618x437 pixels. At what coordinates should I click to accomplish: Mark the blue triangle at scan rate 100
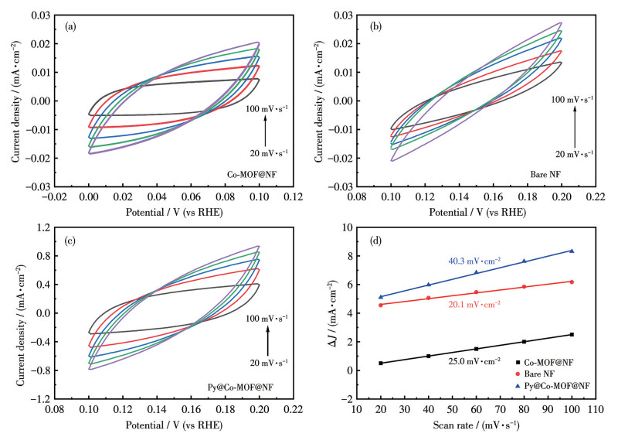pyautogui.click(x=572, y=251)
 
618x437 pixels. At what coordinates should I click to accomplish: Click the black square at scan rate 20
pyautogui.click(x=380, y=363)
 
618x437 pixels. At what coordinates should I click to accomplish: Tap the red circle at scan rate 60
pyautogui.click(x=476, y=292)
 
